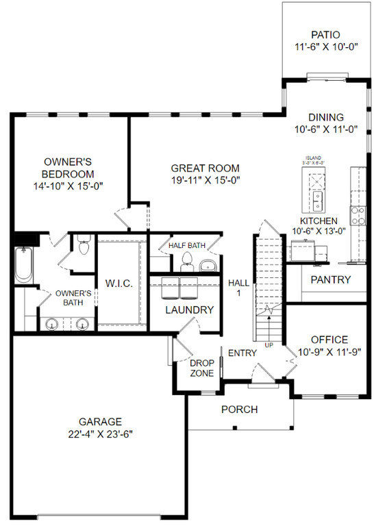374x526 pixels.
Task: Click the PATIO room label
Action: pos(325,34)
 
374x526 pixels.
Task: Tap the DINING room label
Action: pos(325,117)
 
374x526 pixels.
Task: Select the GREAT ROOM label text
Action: pos(205,168)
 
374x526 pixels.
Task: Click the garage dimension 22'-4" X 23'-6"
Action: pos(99,434)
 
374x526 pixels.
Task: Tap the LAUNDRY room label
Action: pos(190,310)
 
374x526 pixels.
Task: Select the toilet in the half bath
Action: pos(186,260)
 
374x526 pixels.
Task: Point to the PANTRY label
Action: pos(330,279)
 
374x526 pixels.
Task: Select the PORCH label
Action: pos(239,410)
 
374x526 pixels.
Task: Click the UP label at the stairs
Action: pos(269,344)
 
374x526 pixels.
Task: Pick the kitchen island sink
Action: pos(319,199)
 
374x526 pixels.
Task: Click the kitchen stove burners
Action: pos(357,216)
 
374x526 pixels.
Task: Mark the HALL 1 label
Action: pos(238,288)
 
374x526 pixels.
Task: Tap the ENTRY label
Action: pos(242,353)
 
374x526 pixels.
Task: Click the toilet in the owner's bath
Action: pos(83,245)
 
